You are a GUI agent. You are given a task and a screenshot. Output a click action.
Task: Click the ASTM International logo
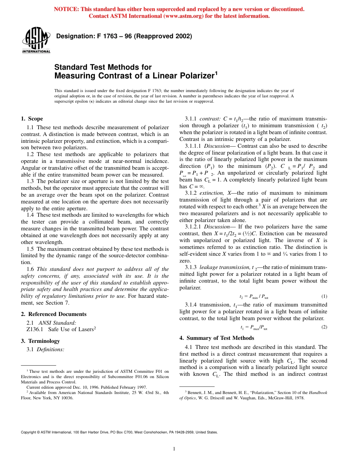click(36, 41)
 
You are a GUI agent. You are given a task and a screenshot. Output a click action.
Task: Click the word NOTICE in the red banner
click(67, 9)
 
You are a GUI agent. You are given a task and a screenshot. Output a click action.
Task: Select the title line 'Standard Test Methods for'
click(103, 67)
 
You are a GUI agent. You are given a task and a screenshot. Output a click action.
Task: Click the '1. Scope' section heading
click(32, 119)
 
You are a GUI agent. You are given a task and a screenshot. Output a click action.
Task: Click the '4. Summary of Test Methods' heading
click(216, 338)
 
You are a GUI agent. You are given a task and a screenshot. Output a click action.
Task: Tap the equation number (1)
click(324, 296)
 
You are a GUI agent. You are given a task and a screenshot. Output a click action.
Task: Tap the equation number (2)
click(324, 327)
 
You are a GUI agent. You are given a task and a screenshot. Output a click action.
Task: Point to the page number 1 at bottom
click(174, 449)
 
